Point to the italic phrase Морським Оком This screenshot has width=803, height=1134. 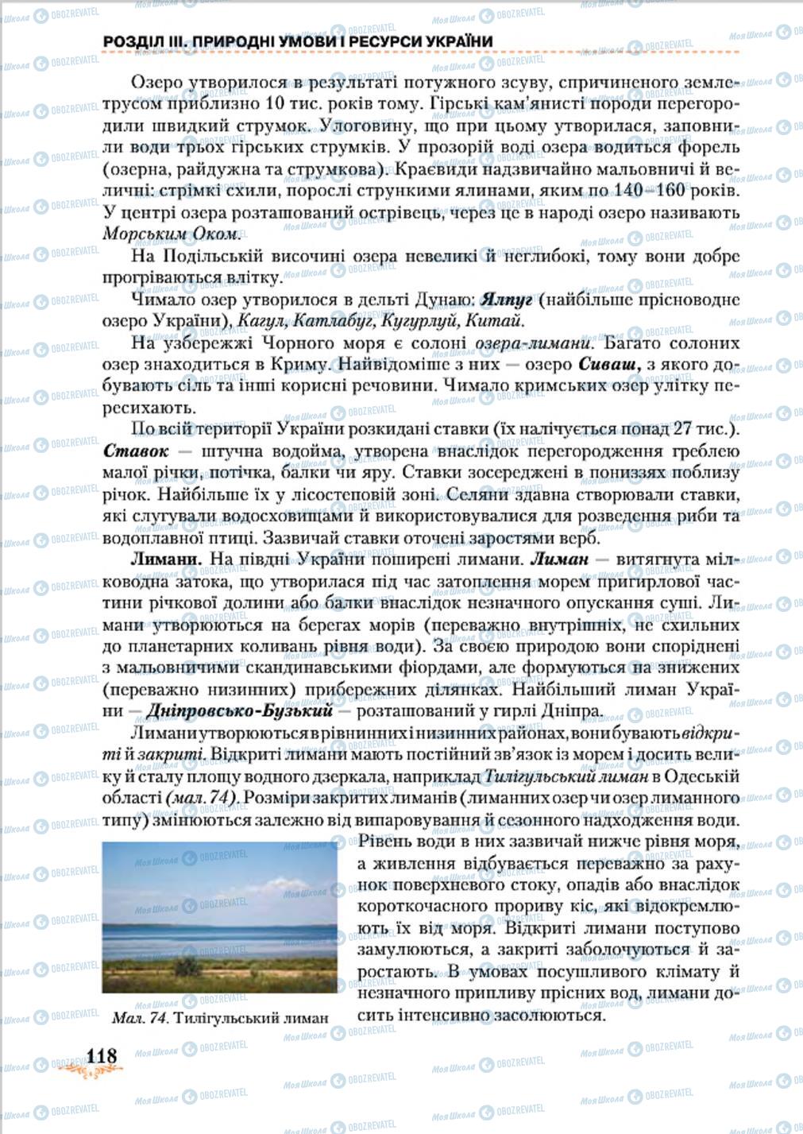coord(171,234)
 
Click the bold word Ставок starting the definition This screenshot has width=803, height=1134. coord(136,451)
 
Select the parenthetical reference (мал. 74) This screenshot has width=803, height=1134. coord(199,797)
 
